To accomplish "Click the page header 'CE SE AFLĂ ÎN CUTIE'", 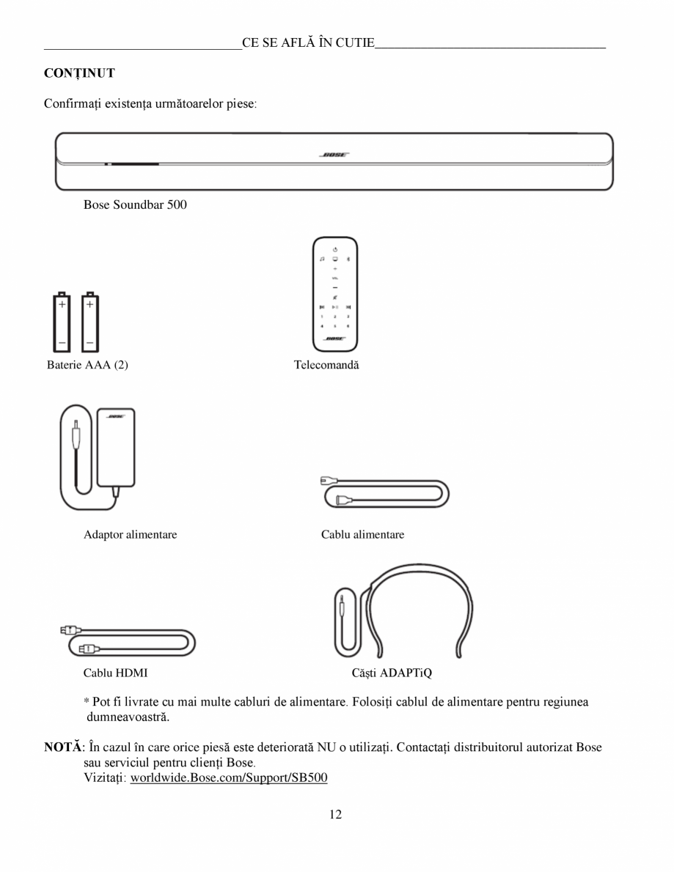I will [x=308, y=43].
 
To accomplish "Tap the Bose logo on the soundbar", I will [x=334, y=155].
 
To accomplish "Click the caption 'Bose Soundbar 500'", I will [x=135, y=205].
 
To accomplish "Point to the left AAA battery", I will [x=62, y=322].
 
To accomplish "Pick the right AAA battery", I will [x=89, y=322].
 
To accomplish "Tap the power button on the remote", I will [x=334, y=251].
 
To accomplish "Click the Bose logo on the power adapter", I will [x=116, y=416].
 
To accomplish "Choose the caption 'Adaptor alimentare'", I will [x=130, y=535].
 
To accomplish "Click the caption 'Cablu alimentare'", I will [x=362, y=535].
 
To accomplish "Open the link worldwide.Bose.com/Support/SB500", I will [x=228, y=777].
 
